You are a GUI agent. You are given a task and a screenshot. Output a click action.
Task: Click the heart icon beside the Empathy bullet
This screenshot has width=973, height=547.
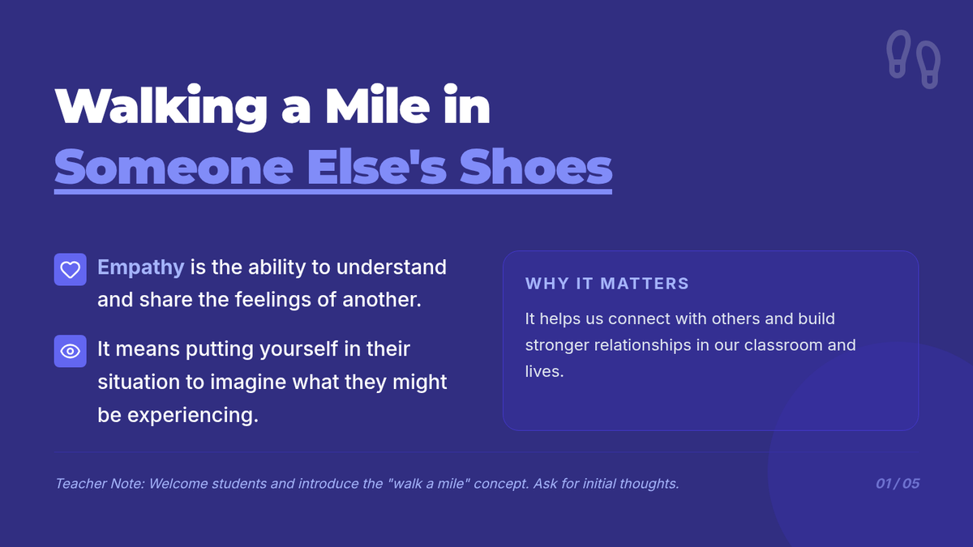(x=70, y=270)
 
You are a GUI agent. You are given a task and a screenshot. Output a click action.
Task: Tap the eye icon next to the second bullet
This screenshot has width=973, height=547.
(x=70, y=351)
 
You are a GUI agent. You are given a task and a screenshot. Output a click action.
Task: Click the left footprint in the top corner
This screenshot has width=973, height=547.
(x=899, y=53)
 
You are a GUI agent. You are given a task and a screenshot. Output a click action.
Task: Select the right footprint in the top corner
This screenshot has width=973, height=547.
(x=928, y=65)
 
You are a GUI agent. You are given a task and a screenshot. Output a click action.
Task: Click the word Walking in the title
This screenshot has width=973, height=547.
(x=161, y=107)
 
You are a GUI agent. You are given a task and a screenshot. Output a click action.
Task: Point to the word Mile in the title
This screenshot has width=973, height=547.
(x=378, y=105)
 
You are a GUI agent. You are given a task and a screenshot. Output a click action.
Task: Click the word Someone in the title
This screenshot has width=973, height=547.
(x=174, y=167)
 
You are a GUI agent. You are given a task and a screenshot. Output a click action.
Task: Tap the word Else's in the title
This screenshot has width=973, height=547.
(x=377, y=166)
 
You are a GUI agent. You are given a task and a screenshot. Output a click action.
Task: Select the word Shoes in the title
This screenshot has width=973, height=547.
(x=536, y=166)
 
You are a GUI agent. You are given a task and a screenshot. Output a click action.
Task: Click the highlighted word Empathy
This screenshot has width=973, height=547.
(x=141, y=267)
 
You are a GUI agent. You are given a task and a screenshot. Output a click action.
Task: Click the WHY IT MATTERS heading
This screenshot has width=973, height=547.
(x=607, y=284)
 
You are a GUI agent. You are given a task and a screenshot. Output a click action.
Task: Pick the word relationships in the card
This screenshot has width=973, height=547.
(x=643, y=345)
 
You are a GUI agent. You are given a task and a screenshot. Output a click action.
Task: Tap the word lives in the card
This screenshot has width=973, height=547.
(x=543, y=371)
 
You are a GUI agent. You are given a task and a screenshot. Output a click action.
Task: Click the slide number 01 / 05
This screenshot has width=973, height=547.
(x=898, y=484)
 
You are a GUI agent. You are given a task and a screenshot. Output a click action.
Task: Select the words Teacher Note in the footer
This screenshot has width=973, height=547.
(x=100, y=484)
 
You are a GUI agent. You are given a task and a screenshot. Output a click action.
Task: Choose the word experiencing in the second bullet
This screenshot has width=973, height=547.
(x=193, y=416)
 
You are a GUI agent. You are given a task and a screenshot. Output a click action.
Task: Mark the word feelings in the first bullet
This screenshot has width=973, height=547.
(x=273, y=300)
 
